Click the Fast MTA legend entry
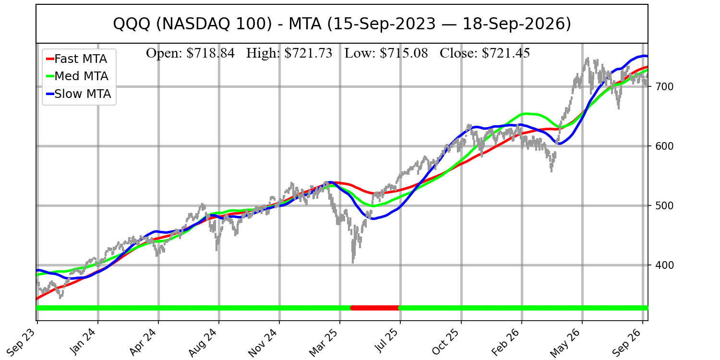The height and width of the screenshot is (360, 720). (x=76, y=59)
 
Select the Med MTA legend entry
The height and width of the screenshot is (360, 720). (x=77, y=76)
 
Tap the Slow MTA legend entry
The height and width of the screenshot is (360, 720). (x=78, y=94)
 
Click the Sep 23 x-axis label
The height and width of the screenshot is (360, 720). (x=22, y=341)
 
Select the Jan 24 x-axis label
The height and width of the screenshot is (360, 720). (x=83, y=341)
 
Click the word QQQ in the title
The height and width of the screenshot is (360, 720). (x=132, y=24)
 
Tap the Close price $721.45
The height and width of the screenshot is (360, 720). (x=505, y=53)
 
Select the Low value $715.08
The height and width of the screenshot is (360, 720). (x=404, y=53)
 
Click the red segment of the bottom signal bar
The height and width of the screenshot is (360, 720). (x=375, y=308)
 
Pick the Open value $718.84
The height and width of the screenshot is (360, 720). (x=211, y=53)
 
